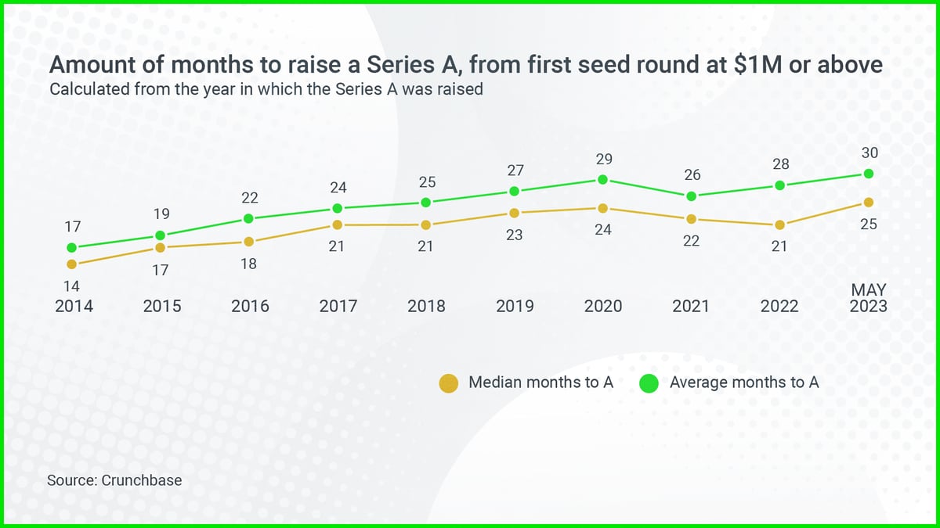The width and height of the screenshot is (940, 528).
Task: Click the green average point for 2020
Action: (602, 179)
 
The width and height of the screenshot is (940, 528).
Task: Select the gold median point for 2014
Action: (72, 264)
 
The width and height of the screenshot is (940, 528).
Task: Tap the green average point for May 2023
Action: (868, 174)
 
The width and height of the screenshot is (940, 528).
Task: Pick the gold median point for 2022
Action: (779, 225)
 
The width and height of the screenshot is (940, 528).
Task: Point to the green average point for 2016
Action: (248, 218)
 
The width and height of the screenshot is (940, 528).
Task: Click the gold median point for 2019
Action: (514, 213)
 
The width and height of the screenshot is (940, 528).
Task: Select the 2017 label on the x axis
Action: (338, 306)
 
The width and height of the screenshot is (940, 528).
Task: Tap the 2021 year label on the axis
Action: (691, 306)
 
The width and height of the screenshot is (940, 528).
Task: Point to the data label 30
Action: (869, 154)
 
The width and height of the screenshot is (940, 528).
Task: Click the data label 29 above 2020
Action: (603, 160)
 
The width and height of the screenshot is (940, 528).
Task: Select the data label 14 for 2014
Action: (72, 286)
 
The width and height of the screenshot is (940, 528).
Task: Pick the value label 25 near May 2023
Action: (868, 225)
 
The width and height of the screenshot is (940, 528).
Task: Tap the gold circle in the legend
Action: (448, 383)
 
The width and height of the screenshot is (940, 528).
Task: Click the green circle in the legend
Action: (649, 383)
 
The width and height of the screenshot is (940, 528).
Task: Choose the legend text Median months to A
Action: (540, 383)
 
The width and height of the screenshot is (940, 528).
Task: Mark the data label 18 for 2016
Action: (248, 264)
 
